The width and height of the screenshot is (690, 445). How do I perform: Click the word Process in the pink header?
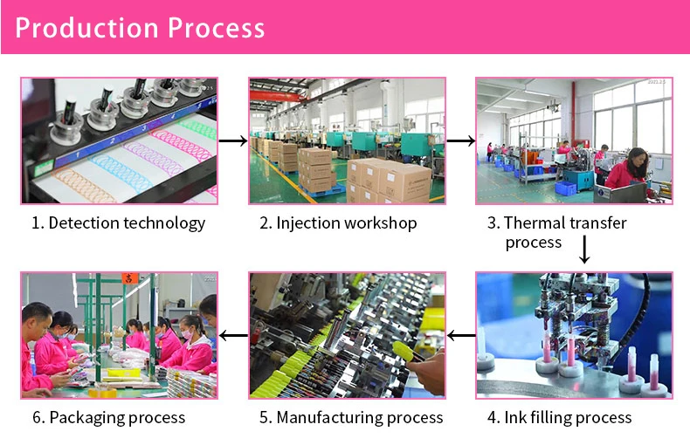point(216,28)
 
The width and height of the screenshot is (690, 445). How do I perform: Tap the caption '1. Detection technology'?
point(119,222)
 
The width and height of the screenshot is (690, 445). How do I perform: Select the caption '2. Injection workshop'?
point(338,222)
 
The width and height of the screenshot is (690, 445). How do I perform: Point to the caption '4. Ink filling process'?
point(559,417)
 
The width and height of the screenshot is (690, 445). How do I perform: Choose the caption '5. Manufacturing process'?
point(351,417)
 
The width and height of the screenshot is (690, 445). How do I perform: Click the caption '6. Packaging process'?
point(109,417)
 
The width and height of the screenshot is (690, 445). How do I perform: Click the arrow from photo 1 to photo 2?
point(232,140)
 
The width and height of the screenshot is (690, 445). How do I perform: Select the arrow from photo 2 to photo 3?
point(460,140)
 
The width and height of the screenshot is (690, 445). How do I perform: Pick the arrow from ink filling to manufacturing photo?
point(460,335)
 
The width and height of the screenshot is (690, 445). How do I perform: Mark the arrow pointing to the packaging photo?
point(232,335)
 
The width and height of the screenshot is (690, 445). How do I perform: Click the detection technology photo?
point(119,140)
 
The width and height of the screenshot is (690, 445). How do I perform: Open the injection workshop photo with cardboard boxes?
point(347,140)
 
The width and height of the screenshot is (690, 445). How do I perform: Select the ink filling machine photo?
point(574,335)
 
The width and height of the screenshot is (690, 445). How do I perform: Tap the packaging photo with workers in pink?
point(119,335)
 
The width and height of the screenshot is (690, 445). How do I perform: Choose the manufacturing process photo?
point(347,335)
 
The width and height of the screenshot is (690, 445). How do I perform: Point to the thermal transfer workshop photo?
point(574,140)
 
